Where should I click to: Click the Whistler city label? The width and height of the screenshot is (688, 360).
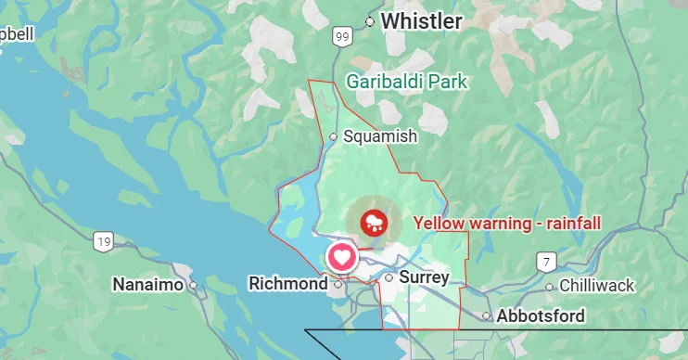pyautogui.click(x=422, y=20)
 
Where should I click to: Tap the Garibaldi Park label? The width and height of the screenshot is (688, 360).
pyautogui.click(x=407, y=82)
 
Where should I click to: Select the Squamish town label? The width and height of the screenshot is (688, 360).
pyautogui.click(x=380, y=136)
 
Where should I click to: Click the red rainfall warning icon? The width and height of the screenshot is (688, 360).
pyautogui.click(x=374, y=221)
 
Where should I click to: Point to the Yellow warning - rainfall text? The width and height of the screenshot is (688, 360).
pyautogui.click(x=507, y=223)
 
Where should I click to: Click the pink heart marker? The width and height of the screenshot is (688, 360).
pyautogui.click(x=342, y=256)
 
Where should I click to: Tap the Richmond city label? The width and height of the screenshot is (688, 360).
pyautogui.click(x=288, y=283)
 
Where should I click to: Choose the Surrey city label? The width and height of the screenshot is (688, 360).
pyautogui.click(x=425, y=277)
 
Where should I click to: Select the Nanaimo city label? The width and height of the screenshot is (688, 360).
pyautogui.click(x=147, y=285)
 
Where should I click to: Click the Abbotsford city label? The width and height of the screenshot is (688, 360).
pyautogui.click(x=541, y=316)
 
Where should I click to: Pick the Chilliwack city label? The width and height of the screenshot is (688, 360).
pyautogui.click(x=597, y=286)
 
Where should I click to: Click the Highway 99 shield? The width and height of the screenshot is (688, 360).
pyautogui.click(x=343, y=36)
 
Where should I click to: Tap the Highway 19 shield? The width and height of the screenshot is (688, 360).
pyautogui.click(x=102, y=242)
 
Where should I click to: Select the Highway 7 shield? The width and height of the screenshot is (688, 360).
pyautogui.click(x=549, y=262)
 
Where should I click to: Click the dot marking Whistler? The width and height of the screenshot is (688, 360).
pyautogui.click(x=370, y=20)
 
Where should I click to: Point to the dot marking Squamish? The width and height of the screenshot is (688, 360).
pyautogui.click(x=334, y=136)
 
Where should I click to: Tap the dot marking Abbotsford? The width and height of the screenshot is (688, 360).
pyautogui.click(x=487, y=316)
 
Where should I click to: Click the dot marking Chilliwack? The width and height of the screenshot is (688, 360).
pyautogui.click(x=550, y=287)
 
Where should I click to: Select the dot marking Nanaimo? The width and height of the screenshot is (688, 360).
pyautogui.click(x=193, y=286)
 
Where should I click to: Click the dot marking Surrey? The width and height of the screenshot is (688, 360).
pyautogui.click(x=389, y=277)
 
